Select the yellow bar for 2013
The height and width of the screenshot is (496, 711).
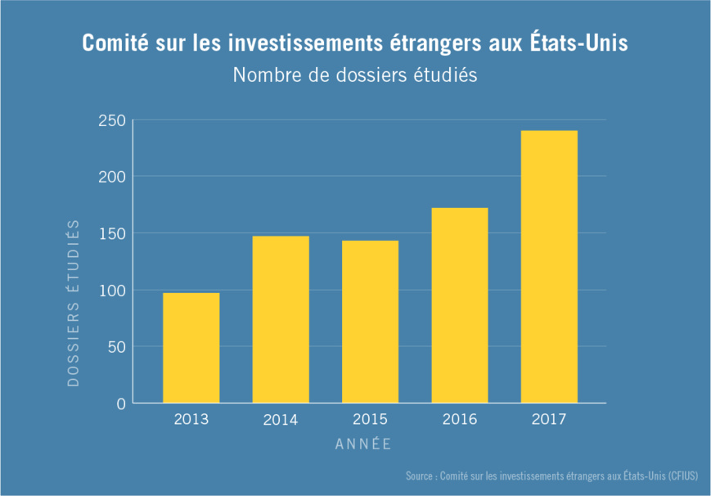point(191,348)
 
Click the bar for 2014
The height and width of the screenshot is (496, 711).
point(281,319)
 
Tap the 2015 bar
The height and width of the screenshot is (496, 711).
point(370,322)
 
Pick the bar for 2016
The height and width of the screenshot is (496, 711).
point(460,305)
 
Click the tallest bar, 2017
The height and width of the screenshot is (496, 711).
point(549,267)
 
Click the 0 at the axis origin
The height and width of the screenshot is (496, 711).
point(120,404)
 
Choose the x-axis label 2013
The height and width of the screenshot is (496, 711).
point(191,420)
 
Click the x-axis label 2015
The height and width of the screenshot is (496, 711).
point(370,420)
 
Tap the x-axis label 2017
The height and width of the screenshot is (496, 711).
point(549,420)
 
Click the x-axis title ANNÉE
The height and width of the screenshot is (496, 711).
point(363,444)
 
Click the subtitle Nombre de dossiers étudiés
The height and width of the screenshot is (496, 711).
point(354,74)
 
